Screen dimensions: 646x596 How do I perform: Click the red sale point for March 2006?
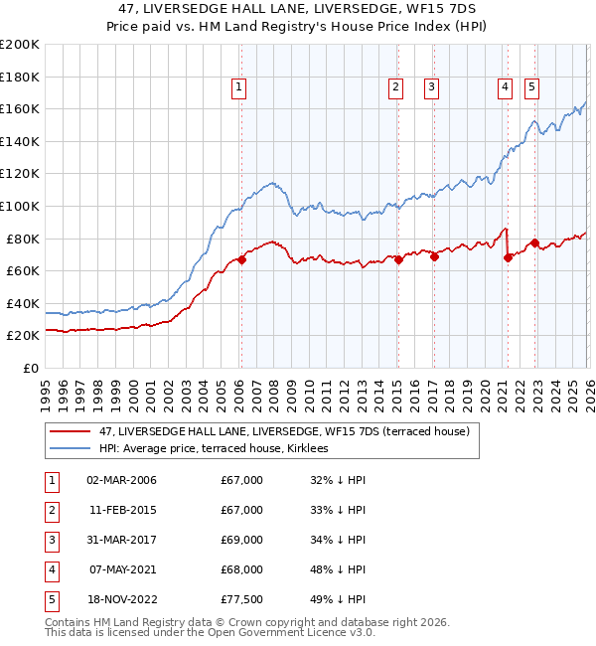(241, 259)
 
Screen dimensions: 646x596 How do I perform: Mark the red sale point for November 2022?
(534, 242)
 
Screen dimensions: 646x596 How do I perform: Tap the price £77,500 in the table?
(242, 599)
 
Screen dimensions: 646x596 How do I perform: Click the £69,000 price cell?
(242, 540)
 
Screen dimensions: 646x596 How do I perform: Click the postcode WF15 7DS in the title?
(443, 8)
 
